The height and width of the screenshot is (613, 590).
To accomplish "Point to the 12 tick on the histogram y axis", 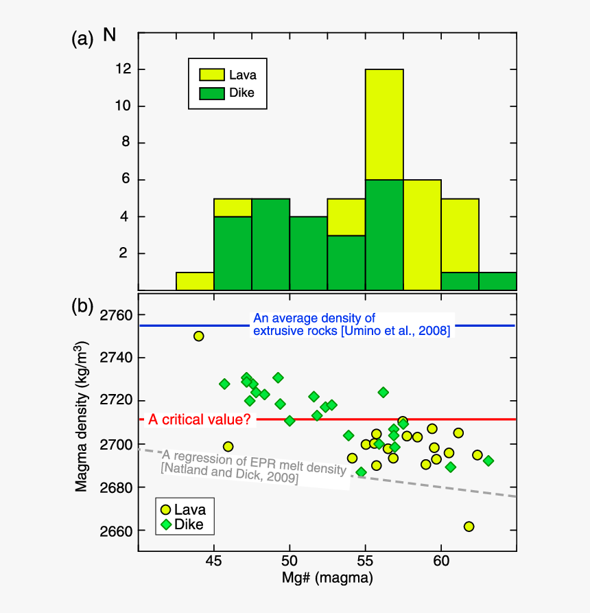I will pos(124,69).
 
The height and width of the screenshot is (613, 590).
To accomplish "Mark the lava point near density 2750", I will pos(198,336).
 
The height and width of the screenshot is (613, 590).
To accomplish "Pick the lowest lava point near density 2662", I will pos(469,527).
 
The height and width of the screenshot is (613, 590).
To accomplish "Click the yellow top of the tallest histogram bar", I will pos(384,124).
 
